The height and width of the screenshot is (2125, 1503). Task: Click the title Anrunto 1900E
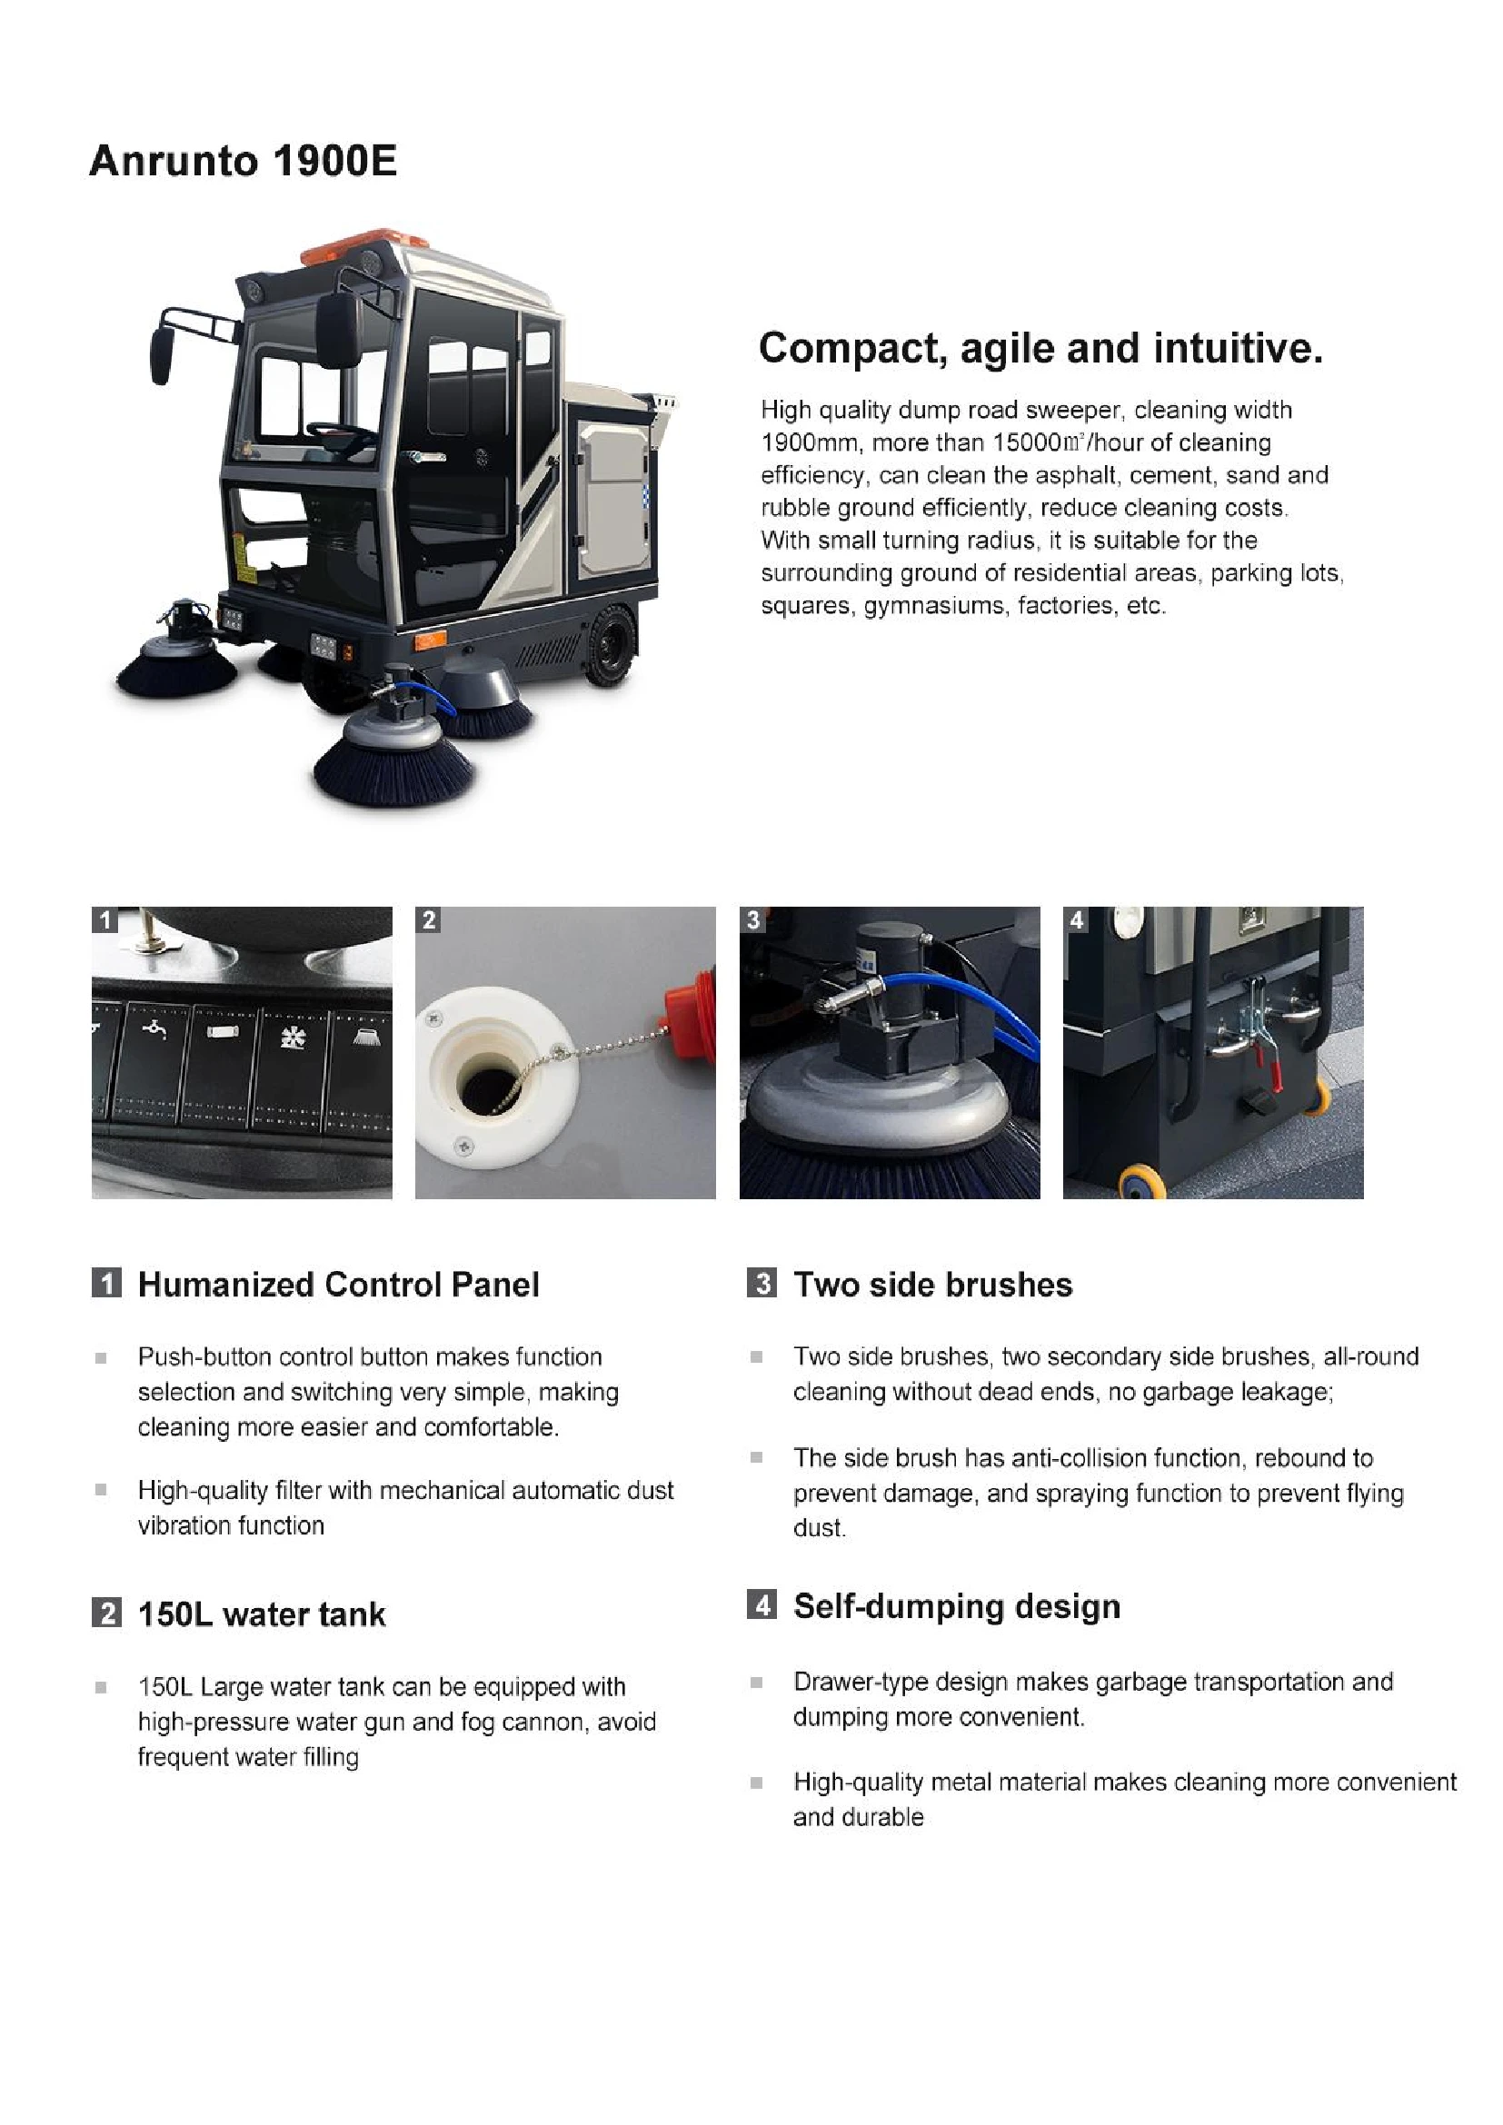[243, 161]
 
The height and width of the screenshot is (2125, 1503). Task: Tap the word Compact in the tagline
[852, 349]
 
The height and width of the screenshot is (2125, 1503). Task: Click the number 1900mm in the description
[809, 442]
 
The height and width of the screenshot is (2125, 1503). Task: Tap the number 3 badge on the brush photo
[753, 920]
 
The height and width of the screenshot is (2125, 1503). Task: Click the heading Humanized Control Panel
[338, 1285]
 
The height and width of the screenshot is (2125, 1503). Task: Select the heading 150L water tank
[261, 1615]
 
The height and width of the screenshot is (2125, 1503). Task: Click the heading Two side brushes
[933, 1285]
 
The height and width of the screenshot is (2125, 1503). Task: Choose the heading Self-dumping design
[956, 1607]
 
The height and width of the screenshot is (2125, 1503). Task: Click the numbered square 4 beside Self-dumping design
[761, 1604]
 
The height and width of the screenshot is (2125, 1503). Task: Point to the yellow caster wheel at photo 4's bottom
[1137, 1183]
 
